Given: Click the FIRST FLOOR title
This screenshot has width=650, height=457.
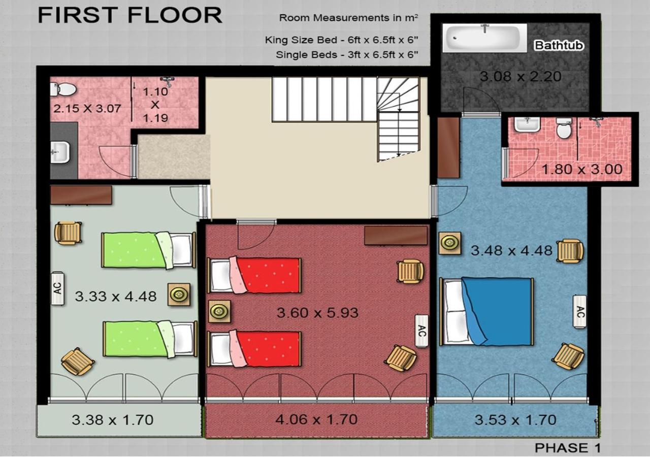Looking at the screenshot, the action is (x=130, y=15).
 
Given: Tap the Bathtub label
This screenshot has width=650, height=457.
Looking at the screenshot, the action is (x=559, y=45).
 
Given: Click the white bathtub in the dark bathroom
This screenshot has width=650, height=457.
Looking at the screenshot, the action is (x=484, y=38).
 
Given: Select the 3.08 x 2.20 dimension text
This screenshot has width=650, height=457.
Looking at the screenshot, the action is (x=521, y=77).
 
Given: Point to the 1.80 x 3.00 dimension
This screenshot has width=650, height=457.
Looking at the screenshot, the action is (x=582, y=170).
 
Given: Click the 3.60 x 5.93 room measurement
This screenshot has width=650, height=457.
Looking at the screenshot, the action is (x=318, y=313).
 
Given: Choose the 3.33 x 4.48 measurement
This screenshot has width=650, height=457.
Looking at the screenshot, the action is (x=116, y=297).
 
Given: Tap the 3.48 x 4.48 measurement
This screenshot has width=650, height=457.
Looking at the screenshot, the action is (x=511, y=251).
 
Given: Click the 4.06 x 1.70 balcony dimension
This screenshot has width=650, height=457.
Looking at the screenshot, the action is (x=316, y=419).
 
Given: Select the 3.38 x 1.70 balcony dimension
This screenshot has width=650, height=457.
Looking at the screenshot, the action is (x=113, y=420).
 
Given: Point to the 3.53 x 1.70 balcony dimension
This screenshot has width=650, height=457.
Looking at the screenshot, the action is (x=515, y=420).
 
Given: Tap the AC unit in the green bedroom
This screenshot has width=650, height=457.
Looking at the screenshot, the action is (x=58, y=288).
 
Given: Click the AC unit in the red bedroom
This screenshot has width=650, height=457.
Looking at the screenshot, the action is (x=421, y=331).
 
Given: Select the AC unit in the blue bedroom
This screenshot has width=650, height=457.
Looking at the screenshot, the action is (x=579, y=312).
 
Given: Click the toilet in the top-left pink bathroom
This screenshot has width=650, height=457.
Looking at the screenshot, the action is (x=63, y=89).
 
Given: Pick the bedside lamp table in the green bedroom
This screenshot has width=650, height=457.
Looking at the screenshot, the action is (x=179, y=295).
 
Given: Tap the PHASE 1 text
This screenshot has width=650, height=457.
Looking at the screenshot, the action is (x=567, y=448).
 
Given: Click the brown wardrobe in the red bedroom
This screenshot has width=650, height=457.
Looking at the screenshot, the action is (x=396, y=236).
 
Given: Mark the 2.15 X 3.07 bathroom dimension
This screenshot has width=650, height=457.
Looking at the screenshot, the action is (x=87, y=109).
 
